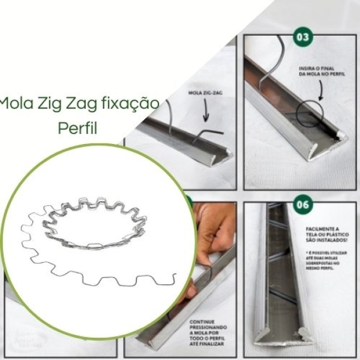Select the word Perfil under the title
pos(78,128)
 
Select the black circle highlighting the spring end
pos(308,114)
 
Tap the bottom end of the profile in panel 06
pos(283,336)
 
